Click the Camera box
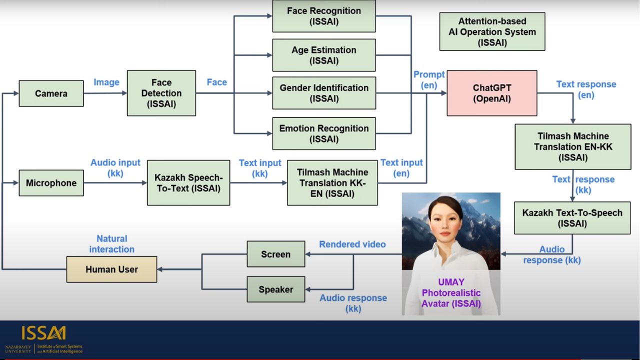[51, 93]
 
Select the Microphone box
[51, 183]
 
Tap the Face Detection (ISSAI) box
[161, 93]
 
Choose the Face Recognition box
[323, 16]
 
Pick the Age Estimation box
[323, 55]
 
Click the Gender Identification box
[323, 93]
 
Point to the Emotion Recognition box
[323, 133]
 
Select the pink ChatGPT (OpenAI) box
[491, 93]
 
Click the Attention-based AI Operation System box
[492, 32]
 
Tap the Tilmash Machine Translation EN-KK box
[572, 146]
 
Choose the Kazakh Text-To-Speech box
[572, 218]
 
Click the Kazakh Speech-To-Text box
[188, 183]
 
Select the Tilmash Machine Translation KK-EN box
[332, 183]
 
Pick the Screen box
[275, 254]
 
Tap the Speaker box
[275, 289]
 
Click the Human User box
[111, 269]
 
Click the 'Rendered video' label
[352, 244]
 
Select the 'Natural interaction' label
[111, 244]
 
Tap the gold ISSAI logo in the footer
[43, 333]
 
